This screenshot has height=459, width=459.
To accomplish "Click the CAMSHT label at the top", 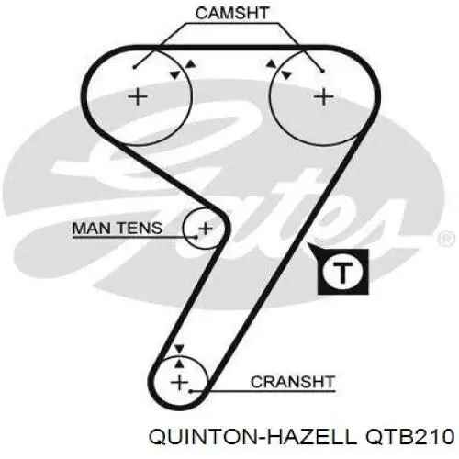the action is click(x=232, y=14).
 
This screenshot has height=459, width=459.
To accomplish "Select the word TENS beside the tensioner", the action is click(x=140, y=229).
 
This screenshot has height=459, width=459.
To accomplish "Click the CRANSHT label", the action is click(x=292, y=382).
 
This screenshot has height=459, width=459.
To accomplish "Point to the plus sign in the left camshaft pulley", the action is click(x=138, y=97).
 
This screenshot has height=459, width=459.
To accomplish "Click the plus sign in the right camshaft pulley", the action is click(x=324, y=97).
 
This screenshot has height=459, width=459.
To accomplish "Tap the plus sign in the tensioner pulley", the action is click(x=206, y=229).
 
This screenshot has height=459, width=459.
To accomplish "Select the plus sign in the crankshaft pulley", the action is click(x=180, y=383).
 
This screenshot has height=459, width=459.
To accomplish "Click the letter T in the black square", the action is click(x=342, y=272).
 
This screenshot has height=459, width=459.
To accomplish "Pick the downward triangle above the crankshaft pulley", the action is click(x=179, y=349).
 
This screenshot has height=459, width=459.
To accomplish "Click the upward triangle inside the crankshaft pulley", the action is click(x=180, y=364).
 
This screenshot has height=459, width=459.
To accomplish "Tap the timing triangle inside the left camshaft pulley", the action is click(x=174, y=74).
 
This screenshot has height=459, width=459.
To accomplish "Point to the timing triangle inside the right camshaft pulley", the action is click(x=286, y=74).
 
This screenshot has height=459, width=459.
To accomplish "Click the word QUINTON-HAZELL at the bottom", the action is click(x=252, y=436).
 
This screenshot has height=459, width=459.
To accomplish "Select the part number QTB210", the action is click(x=410, y=436).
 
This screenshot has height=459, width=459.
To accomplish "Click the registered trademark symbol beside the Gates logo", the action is click(x=446, y=240).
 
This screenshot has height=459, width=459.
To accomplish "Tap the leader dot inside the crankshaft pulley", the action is click(x=190, y=391).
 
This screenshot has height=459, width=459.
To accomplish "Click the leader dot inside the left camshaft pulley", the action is click(x=134, y=67).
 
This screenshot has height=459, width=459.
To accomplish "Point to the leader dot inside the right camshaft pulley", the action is click(x=322, y=72).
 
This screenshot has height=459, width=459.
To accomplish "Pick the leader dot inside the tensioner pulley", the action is click(x=196, y=237).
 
